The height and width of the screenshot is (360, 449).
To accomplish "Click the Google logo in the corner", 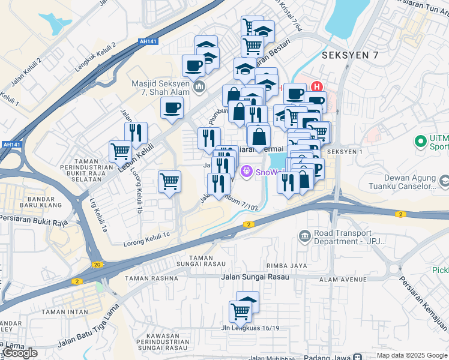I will pyautogui.click(x=20, y=353).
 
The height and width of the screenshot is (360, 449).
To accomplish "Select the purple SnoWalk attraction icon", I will pyautogui.click(x=246, y=172).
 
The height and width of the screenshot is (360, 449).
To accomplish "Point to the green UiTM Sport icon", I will pyautogui.click(x=420, y=142).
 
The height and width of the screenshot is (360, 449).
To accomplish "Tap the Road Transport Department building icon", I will pyautogui.click(x=306, y=236).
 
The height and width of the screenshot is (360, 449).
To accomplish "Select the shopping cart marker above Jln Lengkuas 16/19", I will pyautogui.click(x=240, y=312).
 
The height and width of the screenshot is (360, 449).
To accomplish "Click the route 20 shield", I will pyautogui.click(x=96, y=265).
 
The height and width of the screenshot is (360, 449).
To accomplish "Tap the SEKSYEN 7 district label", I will pyautogui.click(x=346, y=55).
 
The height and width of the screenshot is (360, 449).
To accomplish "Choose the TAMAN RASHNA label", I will pyautogui.click(x=151, y=278).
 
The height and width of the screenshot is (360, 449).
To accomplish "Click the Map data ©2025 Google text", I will pyautogui.click(x=411, y=355).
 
